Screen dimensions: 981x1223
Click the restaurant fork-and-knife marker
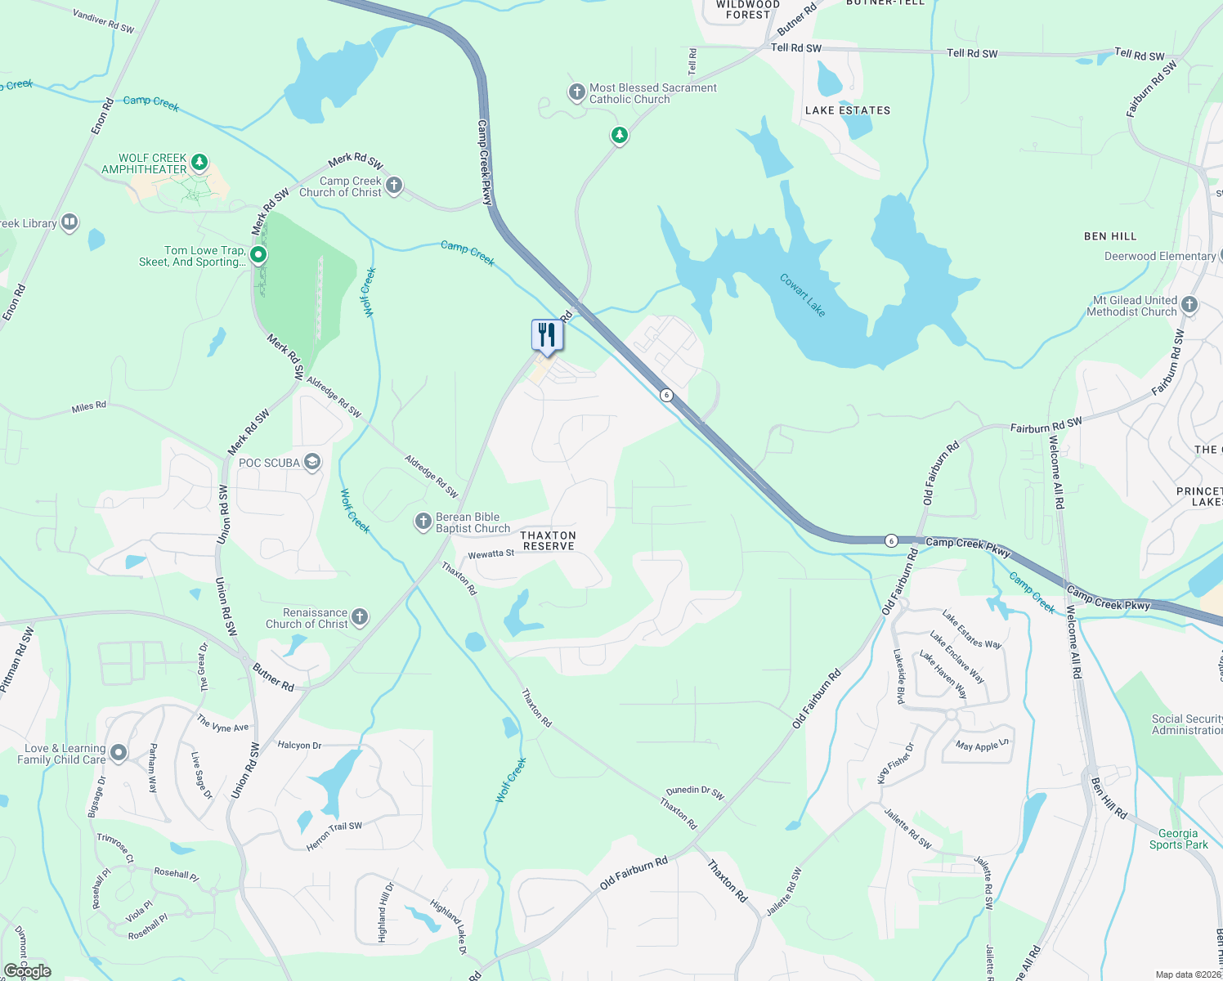(547, 335)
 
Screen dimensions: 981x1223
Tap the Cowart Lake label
(802, 295)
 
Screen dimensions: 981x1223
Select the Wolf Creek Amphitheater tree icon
(199, 163)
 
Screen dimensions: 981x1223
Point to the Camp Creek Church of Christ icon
(394, 186)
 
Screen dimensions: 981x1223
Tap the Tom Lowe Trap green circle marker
(258, 255)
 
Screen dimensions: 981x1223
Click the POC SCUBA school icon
(311, 463)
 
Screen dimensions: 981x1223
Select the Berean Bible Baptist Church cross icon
(423, 522)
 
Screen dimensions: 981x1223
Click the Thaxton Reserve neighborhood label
(549, 540)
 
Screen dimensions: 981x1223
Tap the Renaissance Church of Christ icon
(360, 617)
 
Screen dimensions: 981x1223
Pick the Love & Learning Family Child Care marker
(119, 753)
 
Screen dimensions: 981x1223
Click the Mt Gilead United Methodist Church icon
(1189, 305)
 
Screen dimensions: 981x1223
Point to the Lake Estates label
(848, 110)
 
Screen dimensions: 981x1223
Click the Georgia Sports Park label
(1178, 839)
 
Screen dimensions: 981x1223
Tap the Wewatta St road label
(491, 554)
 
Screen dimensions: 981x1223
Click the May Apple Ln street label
(982, 746)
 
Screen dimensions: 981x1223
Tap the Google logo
(27, 971)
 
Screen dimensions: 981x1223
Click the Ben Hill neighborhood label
(1110, 236)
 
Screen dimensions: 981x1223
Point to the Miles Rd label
(88, 406)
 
